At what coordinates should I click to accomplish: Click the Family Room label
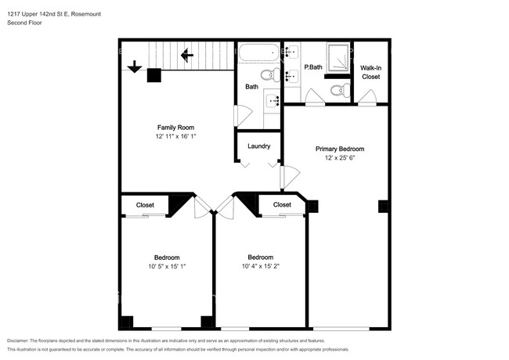coord(175,128)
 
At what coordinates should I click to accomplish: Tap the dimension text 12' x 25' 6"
coord(340,158)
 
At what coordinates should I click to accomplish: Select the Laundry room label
coord(258,146)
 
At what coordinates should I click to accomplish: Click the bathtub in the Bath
coord(259,52)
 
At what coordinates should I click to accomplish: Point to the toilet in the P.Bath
coord(340,90)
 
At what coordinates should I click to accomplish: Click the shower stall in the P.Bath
coord(338,58)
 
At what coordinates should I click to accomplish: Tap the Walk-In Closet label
coord(370,72)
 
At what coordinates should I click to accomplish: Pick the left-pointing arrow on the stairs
coord(187,55)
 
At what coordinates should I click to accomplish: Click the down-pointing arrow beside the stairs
coord(135,67)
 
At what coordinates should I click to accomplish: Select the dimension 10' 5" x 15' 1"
coord(167,267)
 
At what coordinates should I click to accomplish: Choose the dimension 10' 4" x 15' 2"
coord(261,266)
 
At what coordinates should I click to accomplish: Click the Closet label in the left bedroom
coord(145,205)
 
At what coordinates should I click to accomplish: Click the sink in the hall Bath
coord(272,101)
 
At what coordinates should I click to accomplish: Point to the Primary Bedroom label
coord(340,149)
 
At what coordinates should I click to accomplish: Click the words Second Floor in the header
coord(24,23)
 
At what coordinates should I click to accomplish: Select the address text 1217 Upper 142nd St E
coord(38,14)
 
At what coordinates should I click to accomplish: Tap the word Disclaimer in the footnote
coord(17,341)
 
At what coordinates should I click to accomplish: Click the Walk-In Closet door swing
coord(367,96)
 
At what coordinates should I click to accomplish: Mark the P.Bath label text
coord(313,67)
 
